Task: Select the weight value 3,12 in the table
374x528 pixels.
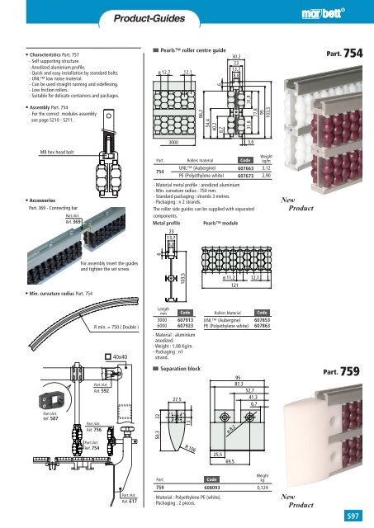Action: click(289, 167)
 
